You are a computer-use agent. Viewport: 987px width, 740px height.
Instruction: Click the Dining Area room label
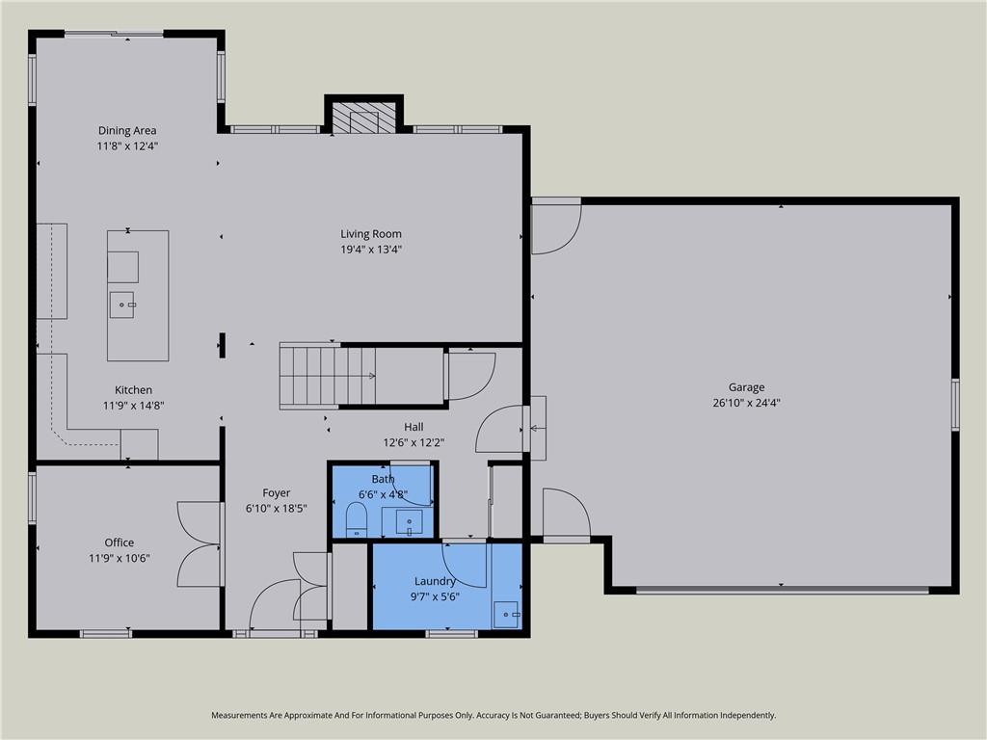pyautogui.click(x=127, y=131)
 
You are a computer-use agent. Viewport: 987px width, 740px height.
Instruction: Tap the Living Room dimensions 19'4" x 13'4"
pyautogui.click(x=371, y=250)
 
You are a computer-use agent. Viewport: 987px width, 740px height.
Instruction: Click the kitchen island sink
pyautogui.click(x=122, y=305)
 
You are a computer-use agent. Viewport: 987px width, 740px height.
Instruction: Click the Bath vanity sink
pyautogui.click(x=409, y=522)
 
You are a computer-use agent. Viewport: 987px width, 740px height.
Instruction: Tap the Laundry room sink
pyautogui.click(x=506, y=614)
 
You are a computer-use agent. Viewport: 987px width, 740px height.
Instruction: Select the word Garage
pyautogui.click(x=747, y=387)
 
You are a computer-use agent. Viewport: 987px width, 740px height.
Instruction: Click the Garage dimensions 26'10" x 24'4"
pyautogui.click(x=747, y=403)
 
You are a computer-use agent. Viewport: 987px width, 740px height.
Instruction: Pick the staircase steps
pyautogui.click(x=328, y=377)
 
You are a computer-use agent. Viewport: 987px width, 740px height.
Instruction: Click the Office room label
pyautogui.click(x=119, y=542)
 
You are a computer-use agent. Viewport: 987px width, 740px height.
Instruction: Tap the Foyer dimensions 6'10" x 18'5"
pyautogui.click(x=277, y=509)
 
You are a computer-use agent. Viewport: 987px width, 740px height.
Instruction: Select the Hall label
pyautogui.click(x=413, y=427)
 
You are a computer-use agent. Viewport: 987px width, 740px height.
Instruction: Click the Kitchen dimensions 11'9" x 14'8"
pyautogui.click(x=133, y=406)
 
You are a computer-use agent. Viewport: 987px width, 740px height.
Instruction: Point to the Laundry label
pyautogui.click(x=435, y=581)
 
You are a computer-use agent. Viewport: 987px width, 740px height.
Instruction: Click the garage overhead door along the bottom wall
pyautogui.click(x=782, y=590)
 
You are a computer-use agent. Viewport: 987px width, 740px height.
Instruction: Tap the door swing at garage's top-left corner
pyautogui.click(x=556, y=225)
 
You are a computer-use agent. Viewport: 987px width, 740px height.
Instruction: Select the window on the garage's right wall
pyautogui.click(x=955, y=404)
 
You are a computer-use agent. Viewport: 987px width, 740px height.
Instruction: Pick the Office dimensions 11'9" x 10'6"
pyautogui.click(x=119, y=558)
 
